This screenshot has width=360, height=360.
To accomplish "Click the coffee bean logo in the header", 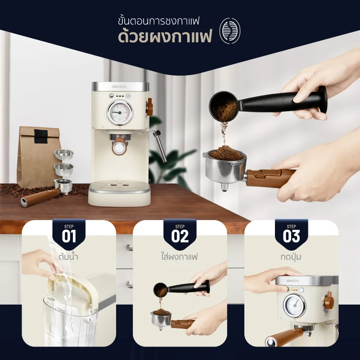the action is pos(230,31).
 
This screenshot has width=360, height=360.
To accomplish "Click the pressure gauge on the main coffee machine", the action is pos(120,112).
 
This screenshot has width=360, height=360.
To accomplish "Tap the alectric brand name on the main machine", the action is pos(119,86).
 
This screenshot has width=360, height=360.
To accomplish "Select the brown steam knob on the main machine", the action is pos(150,107).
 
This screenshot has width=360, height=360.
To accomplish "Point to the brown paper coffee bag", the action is pos(39,156).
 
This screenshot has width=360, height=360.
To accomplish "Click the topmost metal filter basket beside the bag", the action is pos(64,154).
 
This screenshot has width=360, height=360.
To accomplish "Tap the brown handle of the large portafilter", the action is pos(270,177).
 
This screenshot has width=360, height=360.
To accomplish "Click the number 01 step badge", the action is pos(69,234).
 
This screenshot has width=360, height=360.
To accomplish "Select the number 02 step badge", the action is pos(180,234).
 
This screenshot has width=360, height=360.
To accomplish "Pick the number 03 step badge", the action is pos(291,234).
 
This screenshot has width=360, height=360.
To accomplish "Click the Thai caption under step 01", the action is pos(68,256).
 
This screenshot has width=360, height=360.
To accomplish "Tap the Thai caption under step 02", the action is pos(179,256).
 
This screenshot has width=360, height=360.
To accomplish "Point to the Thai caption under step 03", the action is pos(291,256).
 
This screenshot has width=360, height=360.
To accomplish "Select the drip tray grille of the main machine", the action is pos(119,184).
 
